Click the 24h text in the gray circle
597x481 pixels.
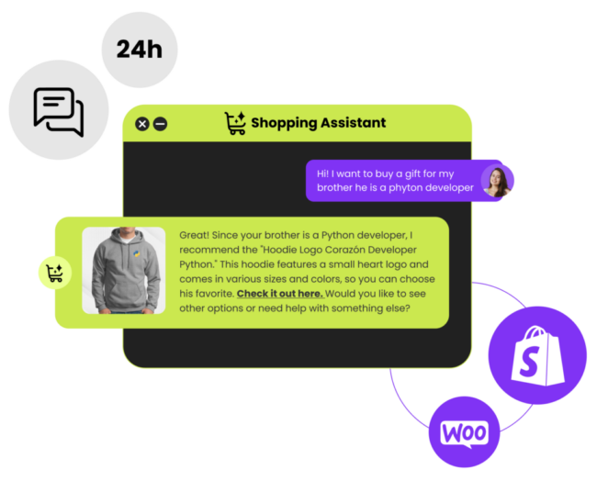140,50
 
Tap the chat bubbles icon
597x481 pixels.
59,112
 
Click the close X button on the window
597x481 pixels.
142,124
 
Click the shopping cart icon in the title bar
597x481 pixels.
235,122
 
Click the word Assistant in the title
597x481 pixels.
353,122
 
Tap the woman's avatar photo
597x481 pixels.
497,182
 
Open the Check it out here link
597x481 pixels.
280,294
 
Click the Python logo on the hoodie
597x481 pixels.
136,254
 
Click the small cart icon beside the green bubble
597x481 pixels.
55,273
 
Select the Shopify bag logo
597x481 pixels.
537,356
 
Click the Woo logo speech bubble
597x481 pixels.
464,434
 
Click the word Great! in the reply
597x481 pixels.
194,235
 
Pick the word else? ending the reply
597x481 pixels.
399,308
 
